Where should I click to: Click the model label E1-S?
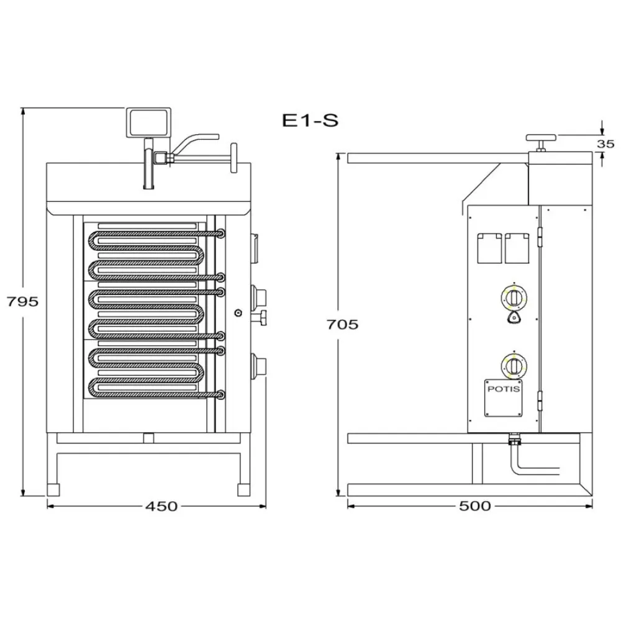point(310,120)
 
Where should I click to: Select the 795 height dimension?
point(22,301)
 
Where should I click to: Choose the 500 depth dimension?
point(475,506)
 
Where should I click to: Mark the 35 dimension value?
point(605,143)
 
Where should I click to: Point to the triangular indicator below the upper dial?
point(513,318)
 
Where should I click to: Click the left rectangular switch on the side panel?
point(489,248)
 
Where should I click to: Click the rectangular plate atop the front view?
point(149,122)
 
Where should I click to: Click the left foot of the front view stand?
point(53,489)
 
